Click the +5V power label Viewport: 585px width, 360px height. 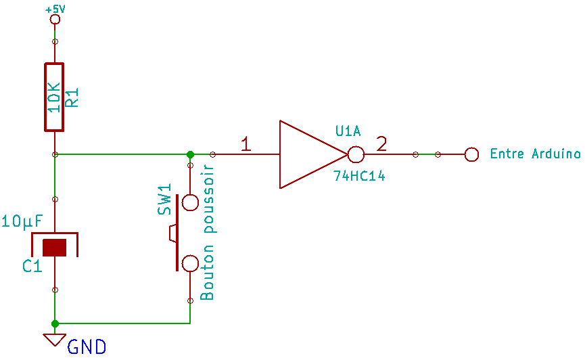tap(55, 9)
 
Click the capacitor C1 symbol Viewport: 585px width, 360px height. tap(55, 246)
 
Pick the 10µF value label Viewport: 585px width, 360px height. tap(23, 221)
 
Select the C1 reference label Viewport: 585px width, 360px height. tap(32, 266)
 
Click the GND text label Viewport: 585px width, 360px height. tap(87, 348)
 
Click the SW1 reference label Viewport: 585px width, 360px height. tap(165, 200)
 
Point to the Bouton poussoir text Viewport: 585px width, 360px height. tap(208, 233)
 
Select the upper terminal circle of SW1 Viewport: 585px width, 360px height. tap(190, 202)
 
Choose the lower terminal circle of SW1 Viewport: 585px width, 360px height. tap(190, 263)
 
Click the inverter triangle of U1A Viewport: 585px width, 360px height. tap(308, 154)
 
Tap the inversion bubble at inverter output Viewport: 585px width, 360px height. tap(356, 154)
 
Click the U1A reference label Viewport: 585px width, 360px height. tap(348, 131)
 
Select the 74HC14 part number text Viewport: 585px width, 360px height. tap(358, 176)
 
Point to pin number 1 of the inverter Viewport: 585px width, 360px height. tap(246, 143)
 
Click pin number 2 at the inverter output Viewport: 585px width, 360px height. tap(382, 143)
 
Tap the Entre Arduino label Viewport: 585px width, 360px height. tap(535, 154)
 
